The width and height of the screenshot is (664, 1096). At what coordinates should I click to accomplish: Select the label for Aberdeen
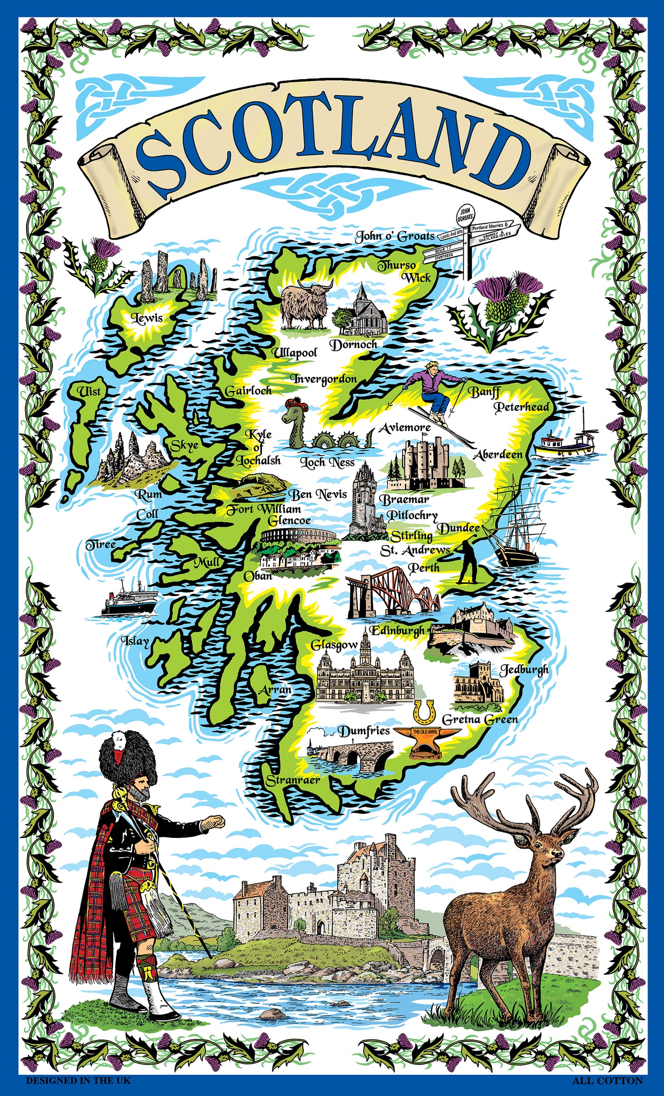click(x=498, y=455)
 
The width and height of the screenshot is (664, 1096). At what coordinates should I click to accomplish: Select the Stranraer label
click(x=293, y=780)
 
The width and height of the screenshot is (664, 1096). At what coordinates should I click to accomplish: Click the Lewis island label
click(x=147, y=318)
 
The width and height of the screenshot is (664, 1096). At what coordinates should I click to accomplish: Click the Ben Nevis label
click(x=318, y=494)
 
